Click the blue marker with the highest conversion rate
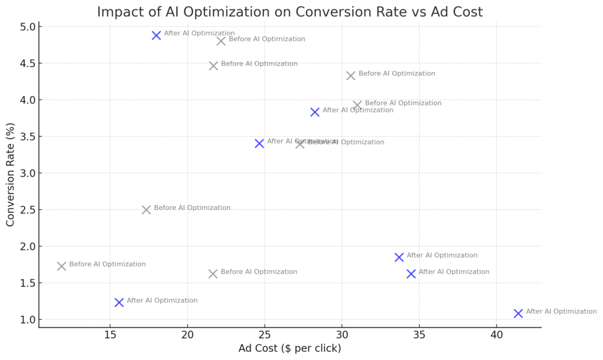click(157, 35)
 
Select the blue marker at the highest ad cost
click(518, 313)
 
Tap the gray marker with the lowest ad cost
click(62, 266)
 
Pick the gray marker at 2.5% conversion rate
click(146, 209)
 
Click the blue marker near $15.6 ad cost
click(119, 302)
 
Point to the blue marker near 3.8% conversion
click(315, 112)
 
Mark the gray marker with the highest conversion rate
click(221, 41)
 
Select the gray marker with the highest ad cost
click(357, 105)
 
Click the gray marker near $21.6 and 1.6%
click(213, 273)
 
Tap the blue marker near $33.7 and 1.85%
click(399, 257)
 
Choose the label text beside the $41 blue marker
click(561, 311)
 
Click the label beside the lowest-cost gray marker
click(107, 264)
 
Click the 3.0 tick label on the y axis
click(27, 173)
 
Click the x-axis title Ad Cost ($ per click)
click(290, 349)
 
